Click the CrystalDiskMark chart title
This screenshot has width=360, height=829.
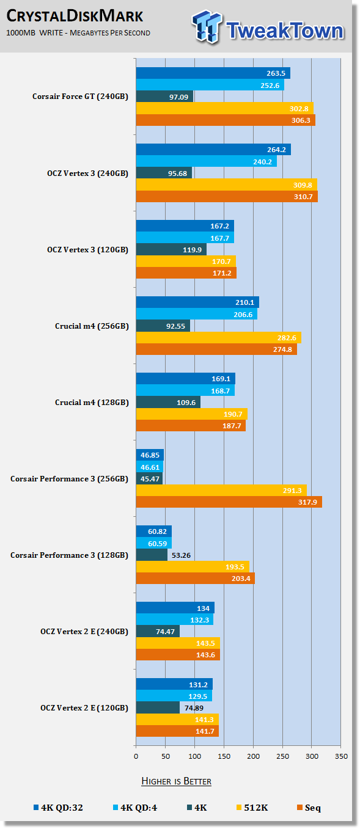click(x=75, y=16)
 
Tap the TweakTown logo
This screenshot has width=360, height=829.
click(x=268, y=27)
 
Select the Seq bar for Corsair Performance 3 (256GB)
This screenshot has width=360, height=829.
click(x=229, y=502)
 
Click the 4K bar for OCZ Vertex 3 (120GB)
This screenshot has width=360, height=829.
click(x=171, y=249)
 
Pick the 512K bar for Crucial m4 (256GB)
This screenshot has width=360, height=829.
click(x=219, y=337)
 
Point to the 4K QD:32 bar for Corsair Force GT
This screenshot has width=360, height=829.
click(x=213, y=73)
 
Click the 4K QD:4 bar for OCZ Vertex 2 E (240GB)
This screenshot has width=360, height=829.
click(x=174, y=619)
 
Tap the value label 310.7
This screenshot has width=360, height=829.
click(x=303, y=197)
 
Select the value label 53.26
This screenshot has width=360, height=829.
click(x=181, y=555)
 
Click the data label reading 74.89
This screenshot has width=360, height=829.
click(x=194, y=708)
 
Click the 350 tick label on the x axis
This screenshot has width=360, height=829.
click(x=341, y=756)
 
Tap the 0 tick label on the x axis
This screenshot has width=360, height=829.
click(x=136, y=756)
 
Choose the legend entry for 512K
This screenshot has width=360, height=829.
click(x=252, y=808)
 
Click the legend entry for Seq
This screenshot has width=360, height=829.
click(x=309, y=808)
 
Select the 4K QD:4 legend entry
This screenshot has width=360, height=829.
click(x=135, y=808)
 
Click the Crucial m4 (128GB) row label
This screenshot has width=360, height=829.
click(x=92, y=403)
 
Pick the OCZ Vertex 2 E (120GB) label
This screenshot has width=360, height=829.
click(x=84, y=707)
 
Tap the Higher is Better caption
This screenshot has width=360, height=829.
click(x=176, y=781)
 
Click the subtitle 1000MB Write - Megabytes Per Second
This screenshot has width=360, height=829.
click(x=78, y=33)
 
